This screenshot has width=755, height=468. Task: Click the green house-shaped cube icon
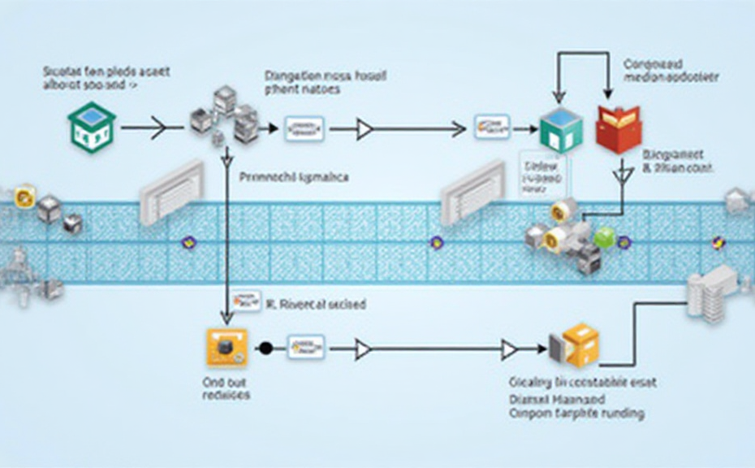point(91,127)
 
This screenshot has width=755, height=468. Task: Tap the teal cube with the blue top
point(561,129)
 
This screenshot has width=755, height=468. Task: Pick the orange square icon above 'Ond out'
point(226,349)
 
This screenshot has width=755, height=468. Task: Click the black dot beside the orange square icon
point(264,349)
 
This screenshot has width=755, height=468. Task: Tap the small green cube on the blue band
point(604,237)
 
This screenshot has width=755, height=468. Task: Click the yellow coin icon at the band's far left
point(24,196)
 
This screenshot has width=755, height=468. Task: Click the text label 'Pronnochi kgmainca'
point(295,175)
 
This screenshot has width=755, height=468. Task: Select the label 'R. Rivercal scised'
point(316,305)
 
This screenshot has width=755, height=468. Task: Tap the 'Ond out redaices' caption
point(226,388)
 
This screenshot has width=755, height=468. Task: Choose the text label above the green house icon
point(106,77)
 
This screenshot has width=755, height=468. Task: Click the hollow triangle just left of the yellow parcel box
point(510,350)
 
